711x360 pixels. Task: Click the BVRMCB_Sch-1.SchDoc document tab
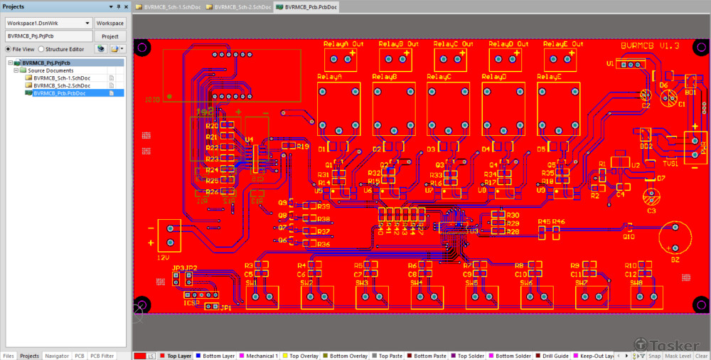[x=170, y=6]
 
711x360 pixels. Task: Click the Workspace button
[x=110, y=23]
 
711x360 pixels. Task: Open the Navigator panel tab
[x=57, y=356]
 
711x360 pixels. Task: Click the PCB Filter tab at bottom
[x=102, y=356]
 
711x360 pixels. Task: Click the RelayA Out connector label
[x=343, y=44]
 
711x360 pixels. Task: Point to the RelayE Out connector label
[x=564, y=44]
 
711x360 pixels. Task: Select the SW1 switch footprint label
[x=252, y=282]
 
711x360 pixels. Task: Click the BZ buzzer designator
[x=675, y=260]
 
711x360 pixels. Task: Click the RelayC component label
[x=439, y=77]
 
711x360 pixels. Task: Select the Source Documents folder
[x=50, y=70]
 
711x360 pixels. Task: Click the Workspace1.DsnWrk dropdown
[x=48, y=23]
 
